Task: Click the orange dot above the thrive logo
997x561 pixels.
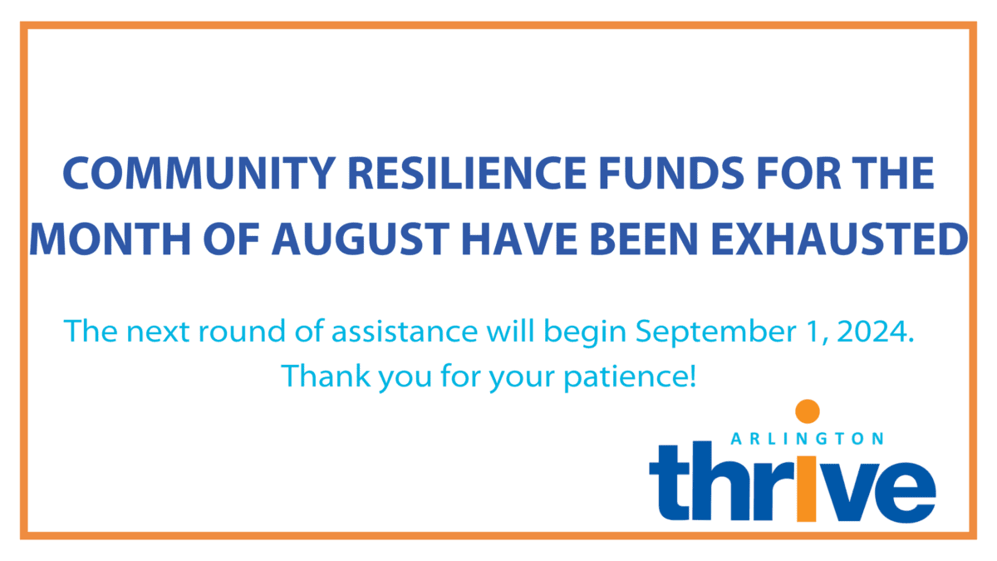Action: coord(807,411)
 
